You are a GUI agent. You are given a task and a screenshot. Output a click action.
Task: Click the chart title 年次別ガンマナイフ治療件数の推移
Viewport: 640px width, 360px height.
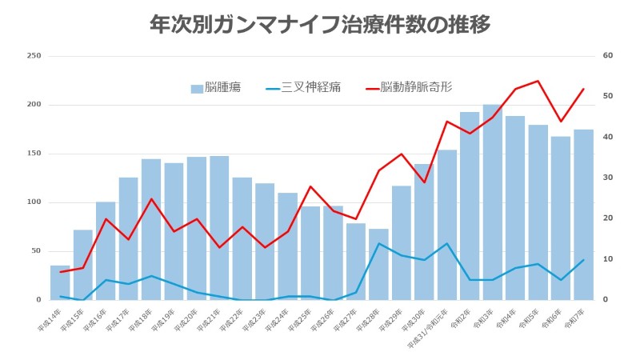320,24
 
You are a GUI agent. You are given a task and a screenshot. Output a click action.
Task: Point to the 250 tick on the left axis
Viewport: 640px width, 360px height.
34,56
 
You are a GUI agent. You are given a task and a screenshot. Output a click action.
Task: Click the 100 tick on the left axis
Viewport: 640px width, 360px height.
34,202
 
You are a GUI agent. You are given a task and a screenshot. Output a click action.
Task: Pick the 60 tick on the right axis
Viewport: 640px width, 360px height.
607,56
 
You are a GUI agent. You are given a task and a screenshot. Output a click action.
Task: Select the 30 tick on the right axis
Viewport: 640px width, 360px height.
607,178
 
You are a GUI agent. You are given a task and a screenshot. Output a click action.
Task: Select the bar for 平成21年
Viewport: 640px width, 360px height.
219,228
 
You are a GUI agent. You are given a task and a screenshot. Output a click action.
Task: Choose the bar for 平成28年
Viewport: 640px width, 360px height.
378,264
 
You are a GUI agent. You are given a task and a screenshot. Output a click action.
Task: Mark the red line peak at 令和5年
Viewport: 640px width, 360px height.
538,81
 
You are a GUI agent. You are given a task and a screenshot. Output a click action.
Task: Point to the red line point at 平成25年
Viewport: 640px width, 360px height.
310,186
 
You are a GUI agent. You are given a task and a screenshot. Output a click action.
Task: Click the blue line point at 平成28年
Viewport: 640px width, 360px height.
378,243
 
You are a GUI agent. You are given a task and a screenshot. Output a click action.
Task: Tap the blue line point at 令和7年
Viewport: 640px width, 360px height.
583,259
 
